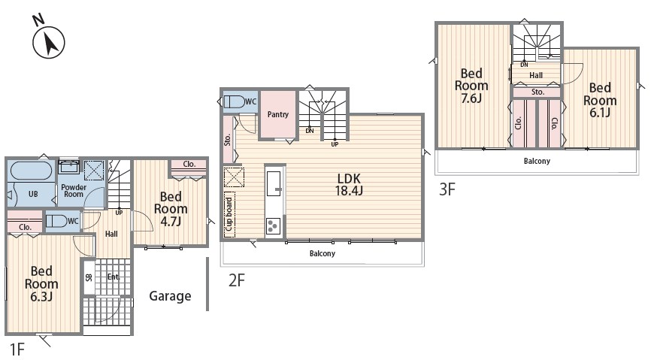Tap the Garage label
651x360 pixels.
(x=170, y=296)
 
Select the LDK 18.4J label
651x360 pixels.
(x=349, y=184)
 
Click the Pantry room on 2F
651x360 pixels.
(x=277, y=113)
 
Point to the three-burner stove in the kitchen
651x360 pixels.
(x=273, y=226)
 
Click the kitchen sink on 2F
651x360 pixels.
(x=274, y=183)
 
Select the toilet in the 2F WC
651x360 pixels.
(x=235, y=102)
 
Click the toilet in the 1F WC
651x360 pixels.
(x=56, y=221)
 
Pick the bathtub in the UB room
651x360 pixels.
(x=32, y=171)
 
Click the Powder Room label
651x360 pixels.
(x=74, y=191)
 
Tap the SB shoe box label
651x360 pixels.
(x=89, y=277)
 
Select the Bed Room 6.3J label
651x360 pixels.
(x=41, y=283)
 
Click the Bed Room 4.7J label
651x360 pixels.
(x=171, y=208)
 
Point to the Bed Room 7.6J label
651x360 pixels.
(x=471, y=86)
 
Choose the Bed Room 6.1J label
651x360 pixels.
(x=600, y=100)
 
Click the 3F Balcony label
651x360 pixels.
(x=537, y=161)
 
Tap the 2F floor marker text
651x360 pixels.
(x=237, y=280)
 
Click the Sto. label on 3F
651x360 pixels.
(x=537, y=92)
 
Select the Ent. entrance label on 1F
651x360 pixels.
(x=113, y=277)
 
